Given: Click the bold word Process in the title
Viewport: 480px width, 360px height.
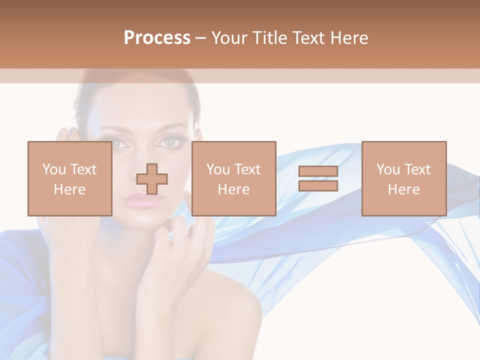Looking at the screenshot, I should coord(157,38).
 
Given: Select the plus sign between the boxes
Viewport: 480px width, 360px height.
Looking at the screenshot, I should coord(152,179).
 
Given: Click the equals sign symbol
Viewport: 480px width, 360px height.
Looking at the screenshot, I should coord(318,178).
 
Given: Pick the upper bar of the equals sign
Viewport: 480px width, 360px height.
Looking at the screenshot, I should coord(318,171).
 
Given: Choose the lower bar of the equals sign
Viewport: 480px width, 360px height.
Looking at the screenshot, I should coord(318,186).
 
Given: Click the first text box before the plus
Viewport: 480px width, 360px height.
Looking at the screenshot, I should coord(69,178).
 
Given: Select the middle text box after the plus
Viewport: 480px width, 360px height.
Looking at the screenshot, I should coord(233,178).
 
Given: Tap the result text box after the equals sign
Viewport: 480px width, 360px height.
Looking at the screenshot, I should coord(403,178).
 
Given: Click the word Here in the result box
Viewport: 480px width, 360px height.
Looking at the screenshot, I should coord(403,189).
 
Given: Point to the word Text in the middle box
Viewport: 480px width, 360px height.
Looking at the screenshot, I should coord(247,169).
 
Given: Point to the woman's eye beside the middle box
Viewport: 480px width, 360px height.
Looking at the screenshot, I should coord(170,143).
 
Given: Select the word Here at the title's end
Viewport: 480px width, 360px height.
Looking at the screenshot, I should coord(349,38).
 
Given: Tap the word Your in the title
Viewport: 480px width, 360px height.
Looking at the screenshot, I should coord(229,38).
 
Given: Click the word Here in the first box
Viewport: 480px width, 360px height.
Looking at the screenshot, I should coord(69,189).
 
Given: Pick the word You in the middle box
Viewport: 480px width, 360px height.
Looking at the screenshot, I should coord(218,169).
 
